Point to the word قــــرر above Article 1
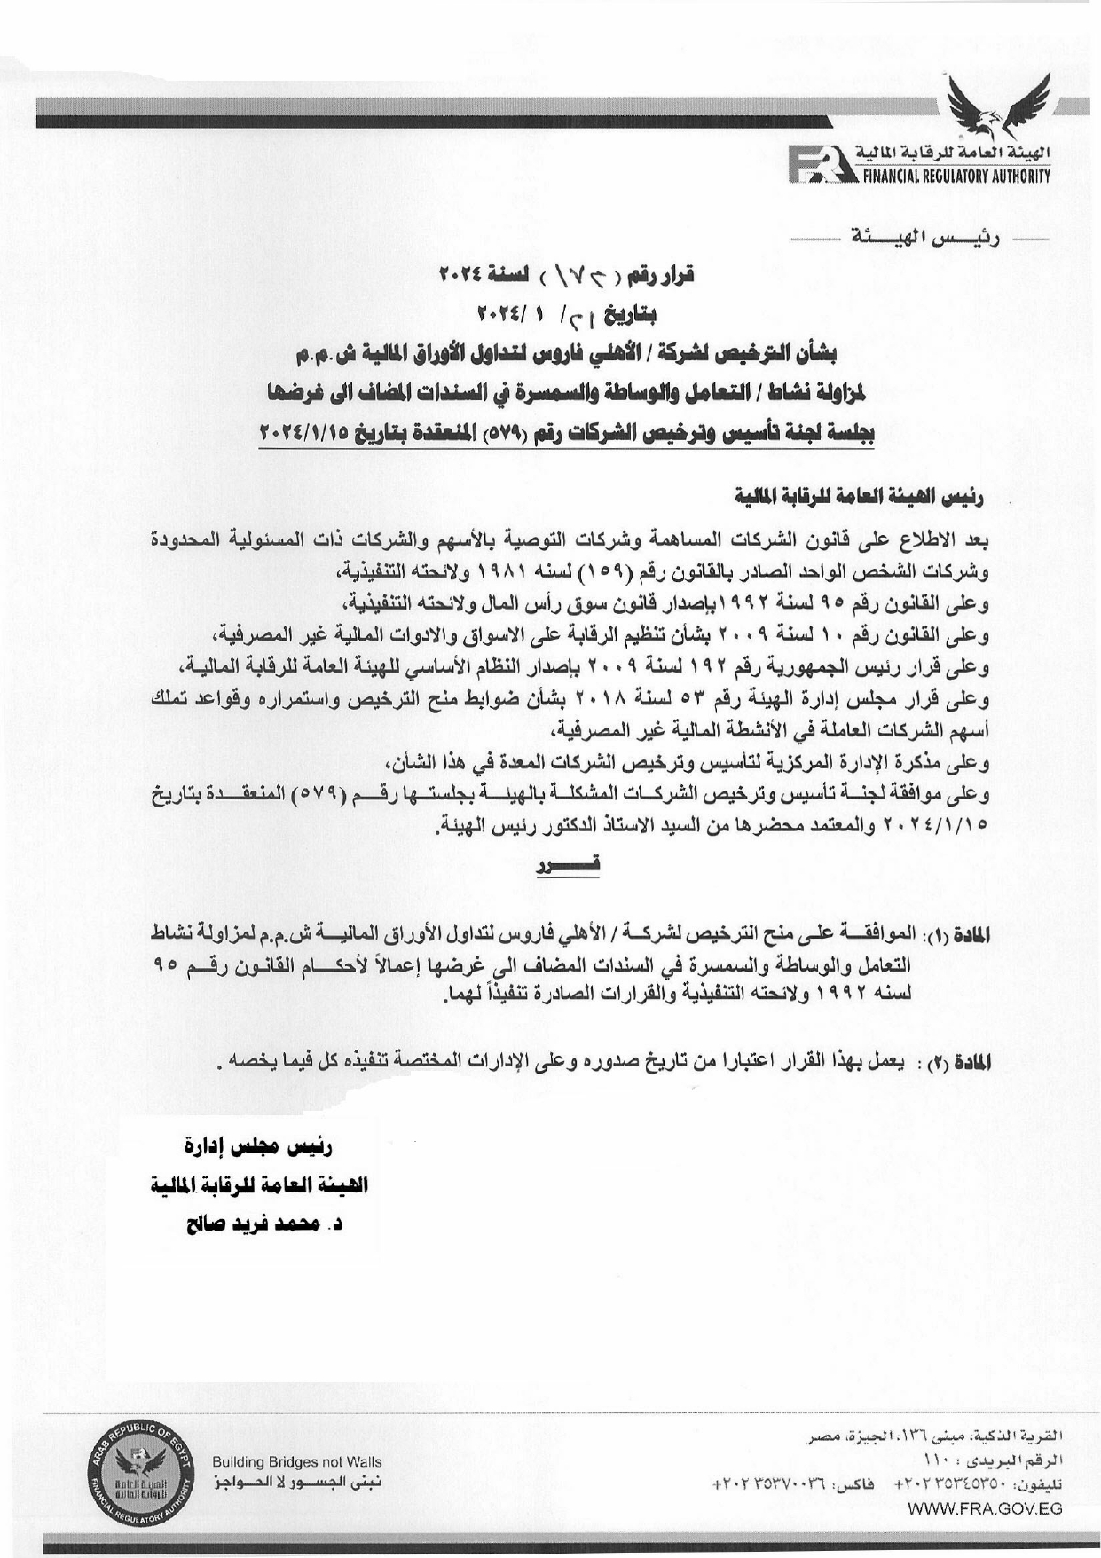569,862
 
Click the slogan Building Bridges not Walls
296,1461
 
